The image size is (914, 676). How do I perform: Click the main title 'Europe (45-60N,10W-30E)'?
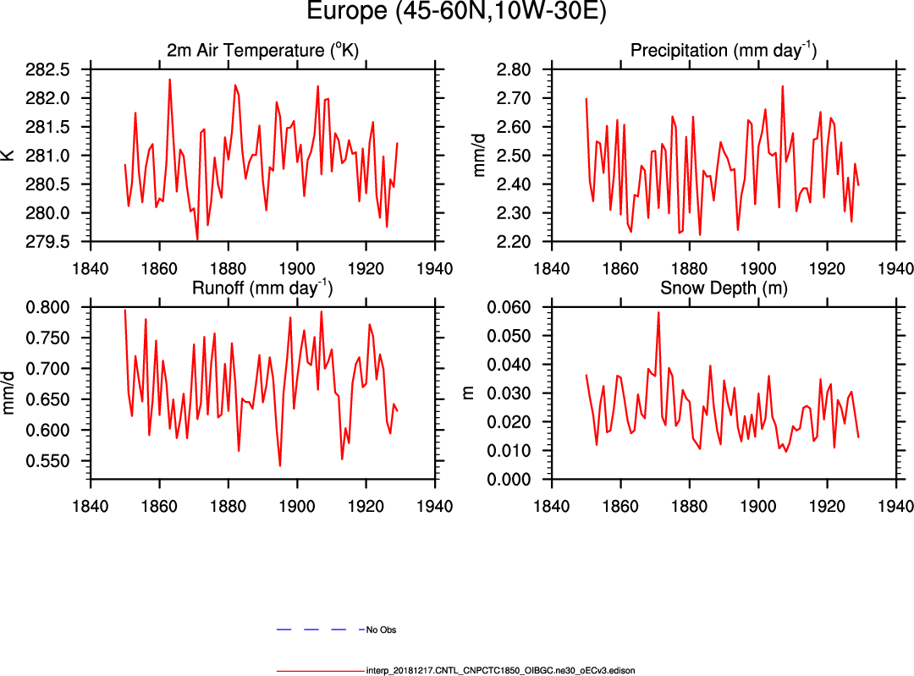(x=456, y=14)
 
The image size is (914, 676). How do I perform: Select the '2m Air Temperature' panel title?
(x=262, y=51)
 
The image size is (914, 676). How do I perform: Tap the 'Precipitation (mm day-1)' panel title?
(x=723, y=51)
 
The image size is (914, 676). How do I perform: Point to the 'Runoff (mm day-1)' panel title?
(x=262, y=288)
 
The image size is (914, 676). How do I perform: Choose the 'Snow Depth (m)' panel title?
(x=723, y=288)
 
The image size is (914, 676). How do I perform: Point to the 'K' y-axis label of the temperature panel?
(x=8, y=156)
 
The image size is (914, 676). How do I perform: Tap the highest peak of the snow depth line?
(x=658, y=312)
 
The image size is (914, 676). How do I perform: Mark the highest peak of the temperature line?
(x=169, y=80)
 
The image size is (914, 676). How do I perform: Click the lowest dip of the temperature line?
(x=197, y=240)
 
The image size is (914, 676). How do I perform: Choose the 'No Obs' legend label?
(x=382, y=630)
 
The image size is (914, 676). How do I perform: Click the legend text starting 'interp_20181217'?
(x=500, y=670)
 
